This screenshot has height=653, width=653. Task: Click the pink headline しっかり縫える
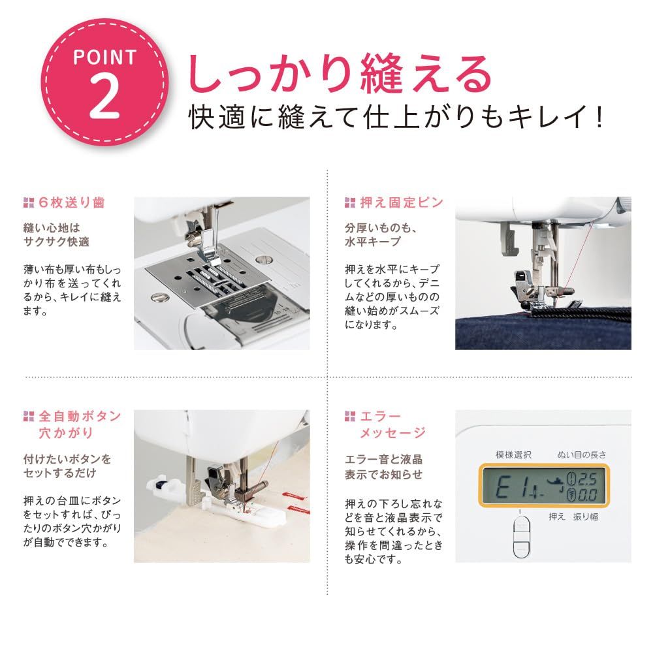340,74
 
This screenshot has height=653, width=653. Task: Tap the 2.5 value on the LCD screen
586,477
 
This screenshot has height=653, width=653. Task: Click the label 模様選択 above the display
514,454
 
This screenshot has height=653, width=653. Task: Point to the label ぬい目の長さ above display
582,454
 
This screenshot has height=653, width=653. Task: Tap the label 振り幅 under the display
585,517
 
